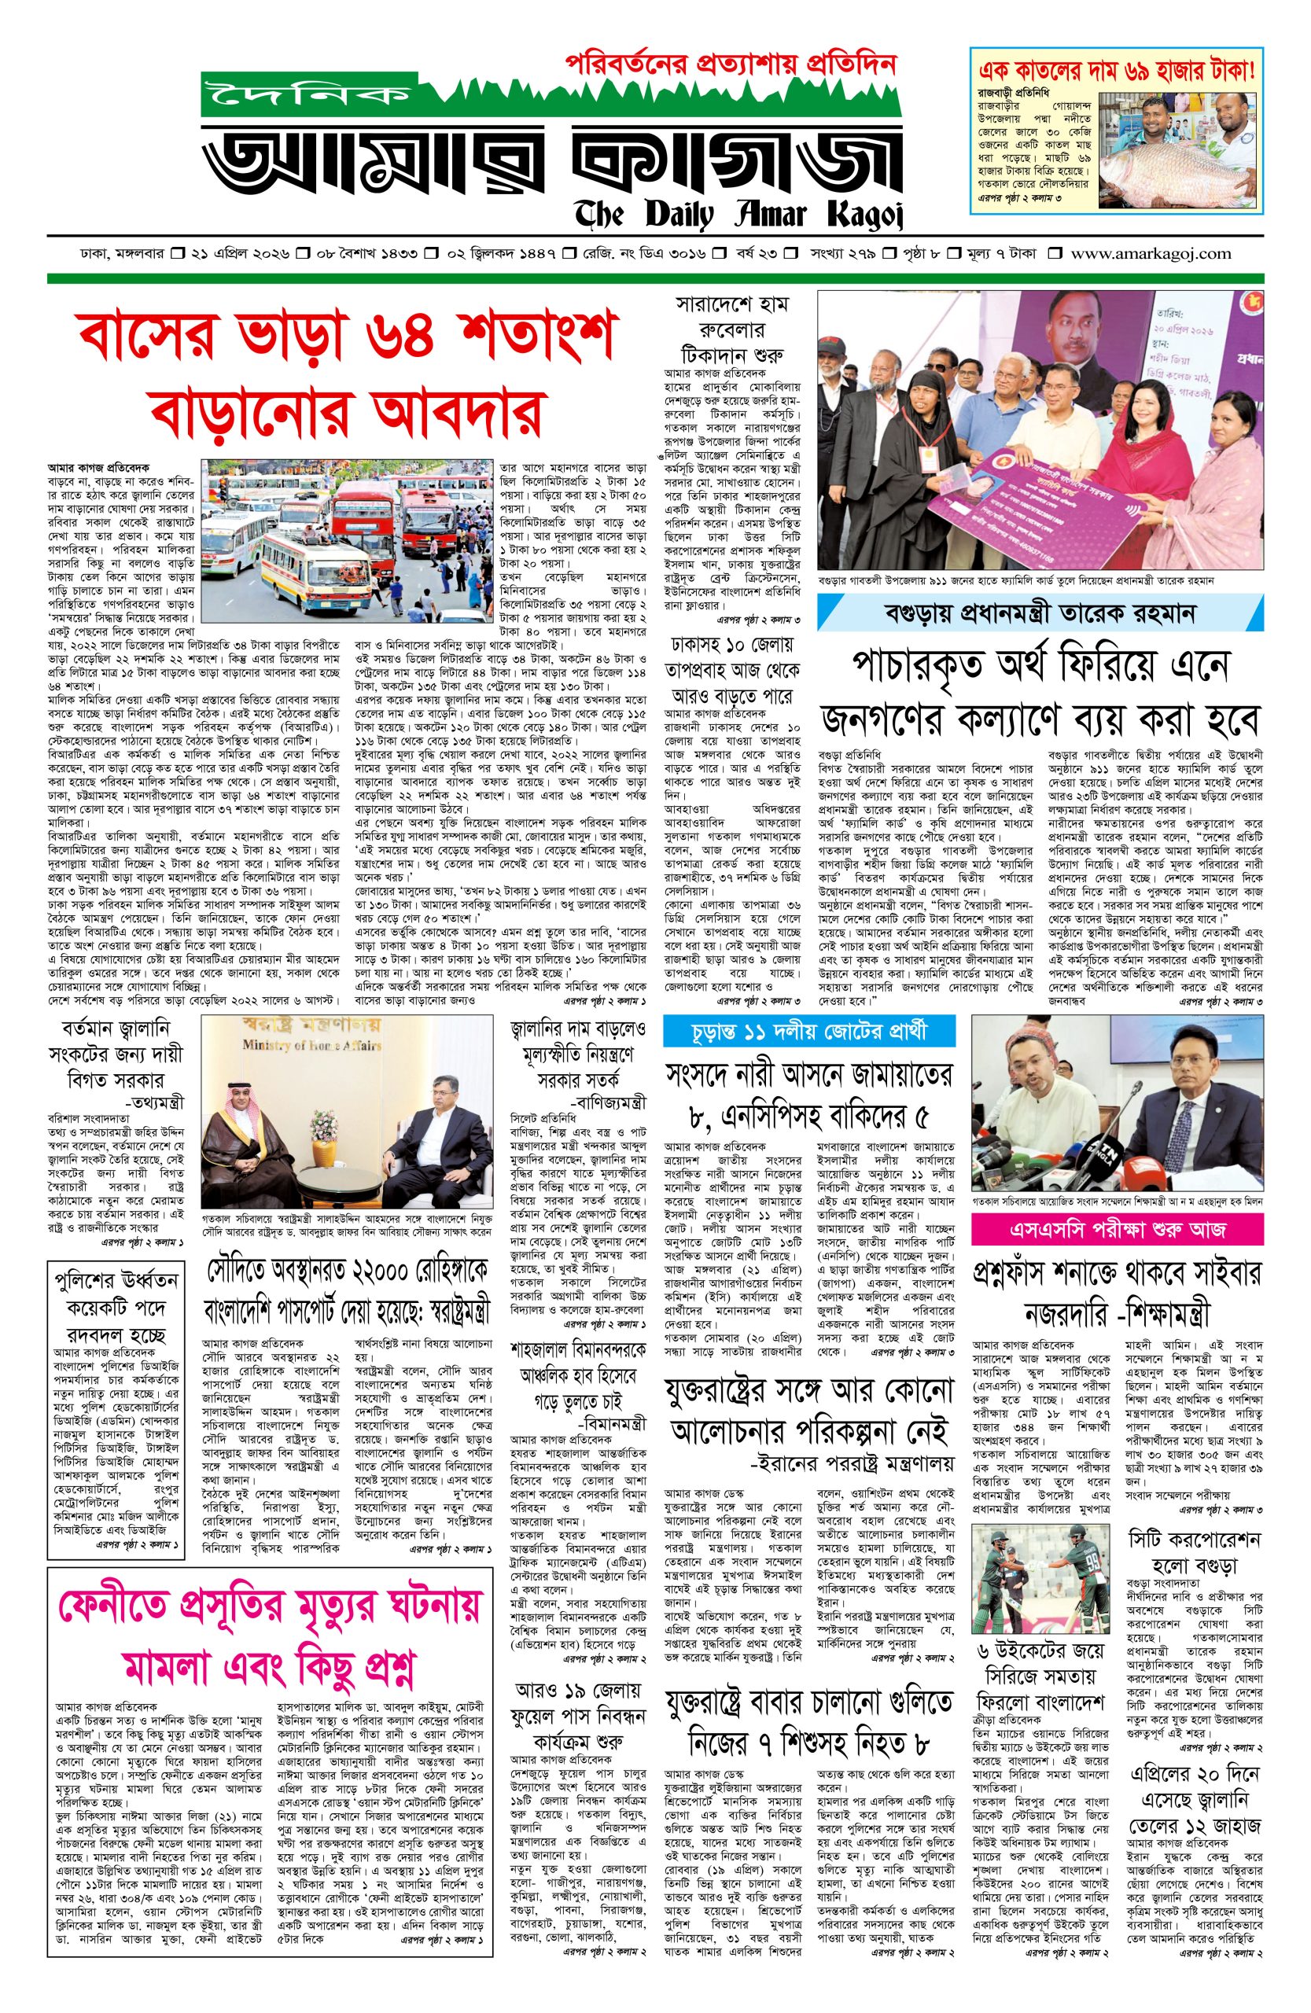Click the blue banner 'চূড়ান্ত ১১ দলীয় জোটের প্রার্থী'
[809, 1030]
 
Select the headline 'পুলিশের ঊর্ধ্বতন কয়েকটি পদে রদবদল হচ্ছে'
[115, 1305]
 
